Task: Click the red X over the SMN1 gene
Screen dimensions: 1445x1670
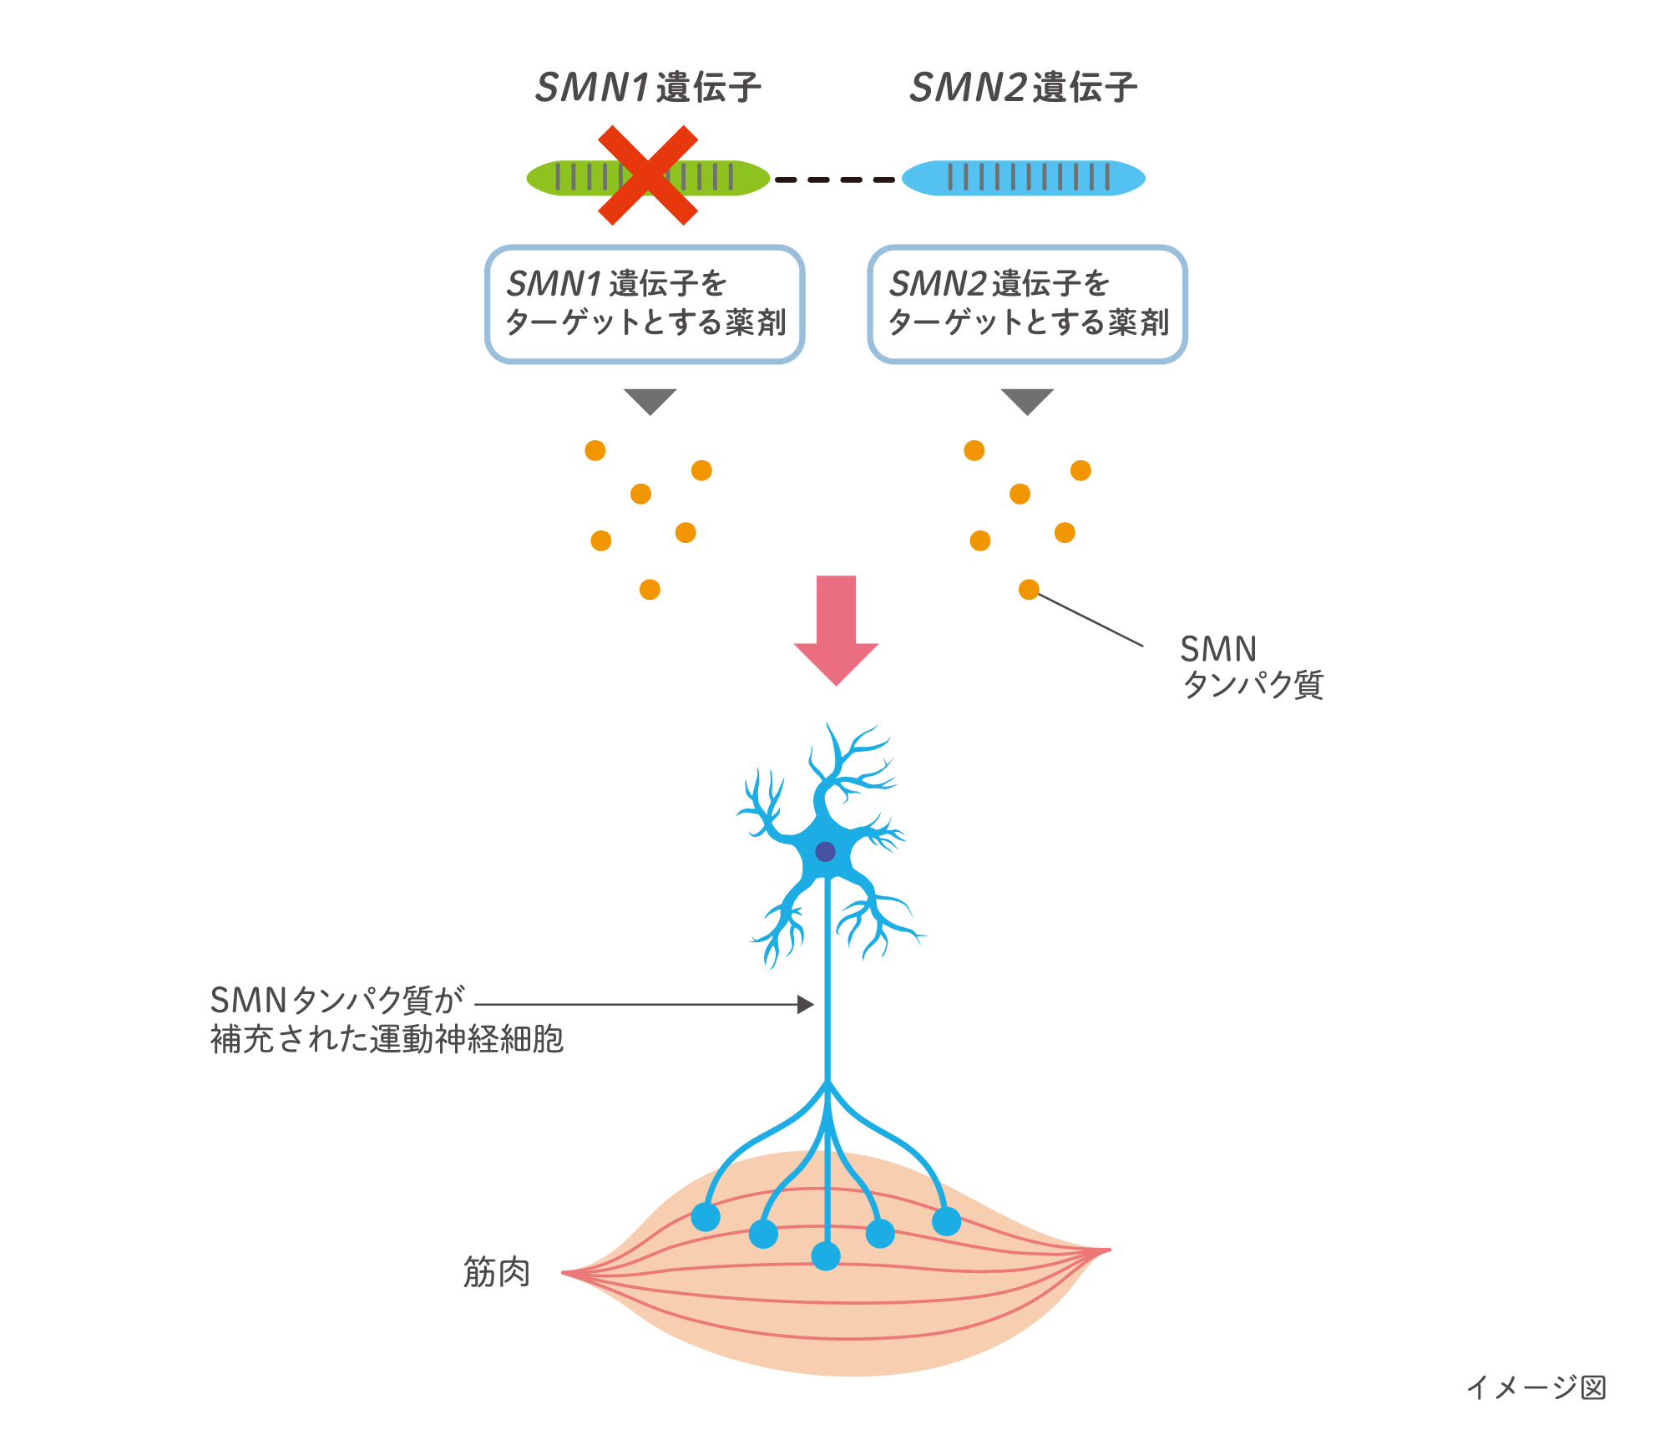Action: point(648,175)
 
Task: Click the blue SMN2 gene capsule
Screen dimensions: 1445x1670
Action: point(1024,178)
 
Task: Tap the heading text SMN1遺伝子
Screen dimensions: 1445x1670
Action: point(648,88)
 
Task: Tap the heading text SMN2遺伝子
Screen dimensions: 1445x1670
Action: point(1024,88)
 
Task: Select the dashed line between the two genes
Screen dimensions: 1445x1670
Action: point(835,180)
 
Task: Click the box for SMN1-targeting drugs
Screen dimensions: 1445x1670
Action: point(645,304)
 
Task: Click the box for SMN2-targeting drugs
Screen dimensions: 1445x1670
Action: point(1027,304)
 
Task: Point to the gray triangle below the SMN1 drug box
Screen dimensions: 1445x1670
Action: point(650,399)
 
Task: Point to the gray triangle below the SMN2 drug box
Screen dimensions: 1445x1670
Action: point(1027,399)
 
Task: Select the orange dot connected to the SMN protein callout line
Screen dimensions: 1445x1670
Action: point(1029,590)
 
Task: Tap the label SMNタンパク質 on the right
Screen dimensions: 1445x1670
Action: point(1251,667)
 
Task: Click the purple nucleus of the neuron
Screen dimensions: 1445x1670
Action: point(825,852)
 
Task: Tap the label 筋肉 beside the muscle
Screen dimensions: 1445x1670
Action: point(497,1272)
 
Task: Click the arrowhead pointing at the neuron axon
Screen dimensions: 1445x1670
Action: point(807,1004)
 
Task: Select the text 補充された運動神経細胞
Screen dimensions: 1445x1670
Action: point(387,1040)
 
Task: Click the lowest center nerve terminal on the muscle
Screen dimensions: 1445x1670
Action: point(826,1255)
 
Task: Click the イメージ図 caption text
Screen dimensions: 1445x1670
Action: point(1536,1387)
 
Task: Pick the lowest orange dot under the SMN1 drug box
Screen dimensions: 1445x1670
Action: point(650,590)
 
